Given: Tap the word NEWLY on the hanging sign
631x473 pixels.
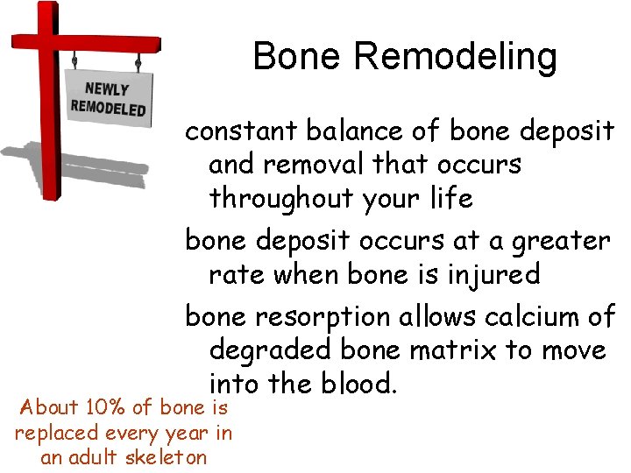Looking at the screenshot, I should click(x=107, y=89).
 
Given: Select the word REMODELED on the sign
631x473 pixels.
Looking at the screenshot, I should click(x=108, y=108).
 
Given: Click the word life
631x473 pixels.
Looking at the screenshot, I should click(x=452, y=198).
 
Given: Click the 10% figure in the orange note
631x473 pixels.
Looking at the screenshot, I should click(x=103, y=407).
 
